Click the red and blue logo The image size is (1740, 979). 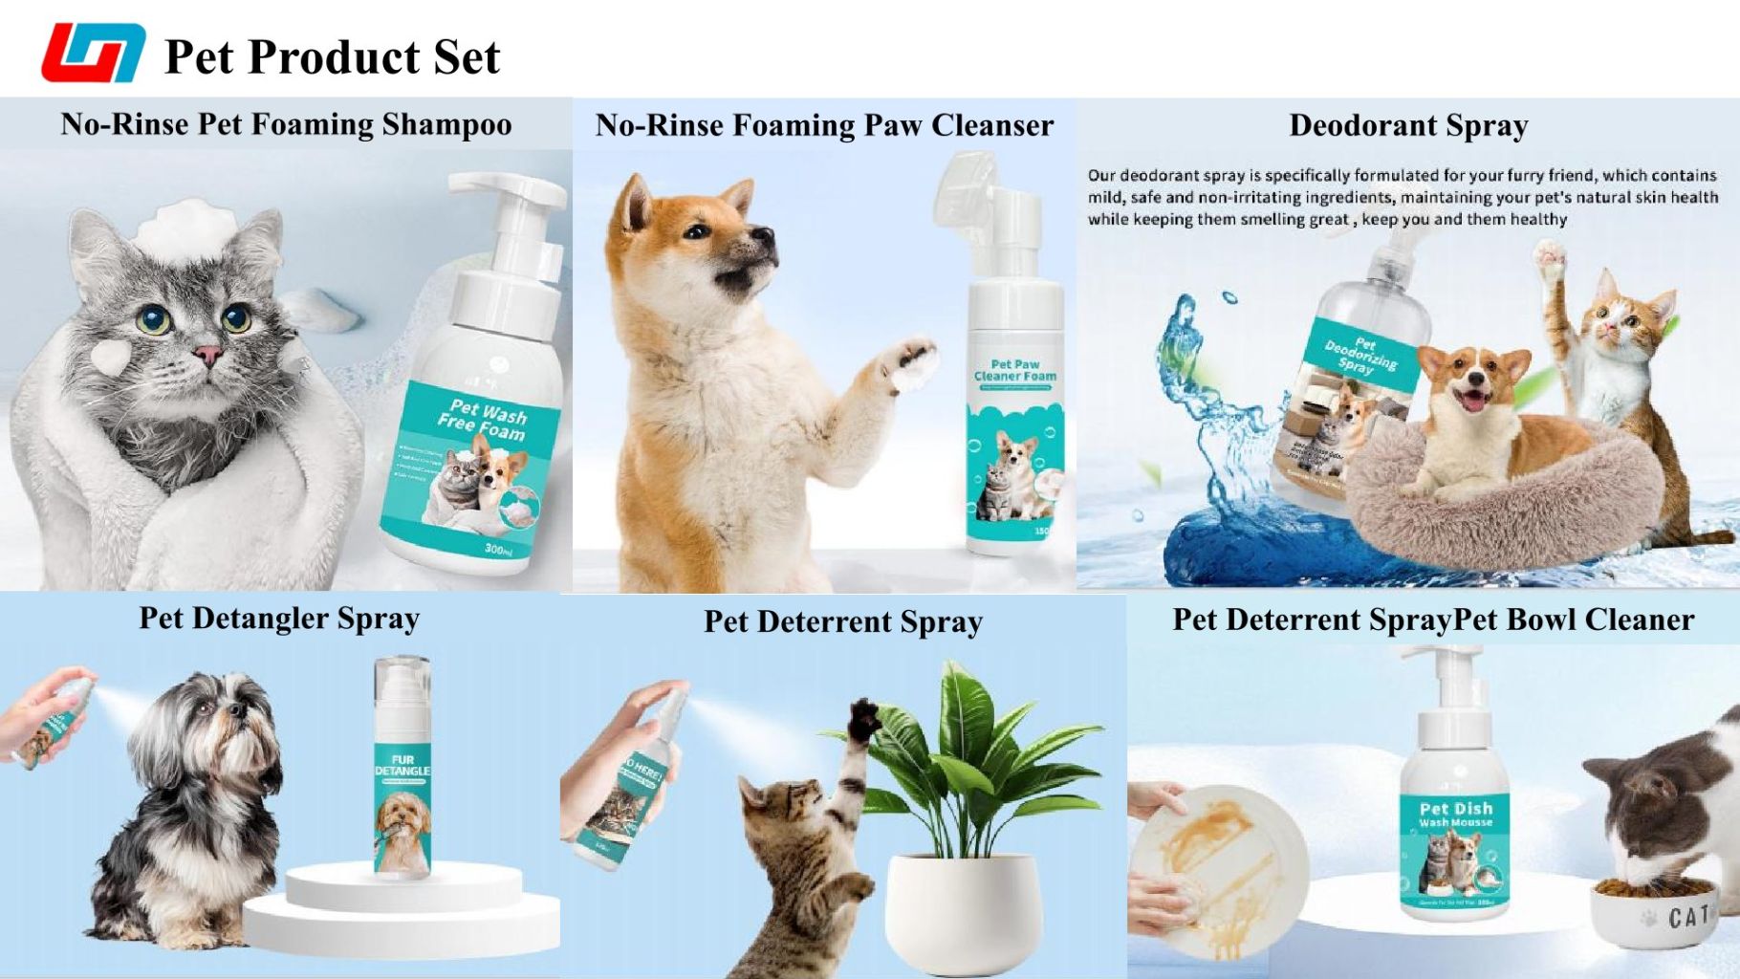93,53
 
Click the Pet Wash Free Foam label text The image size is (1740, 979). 485,421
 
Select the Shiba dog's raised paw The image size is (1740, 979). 907,362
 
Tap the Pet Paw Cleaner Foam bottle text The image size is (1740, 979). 1015,370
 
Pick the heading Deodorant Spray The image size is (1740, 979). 1408,125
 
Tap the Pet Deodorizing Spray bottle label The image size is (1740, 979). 1359,356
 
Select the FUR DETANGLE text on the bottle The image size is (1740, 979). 402,765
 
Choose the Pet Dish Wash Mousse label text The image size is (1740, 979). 1455,815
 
